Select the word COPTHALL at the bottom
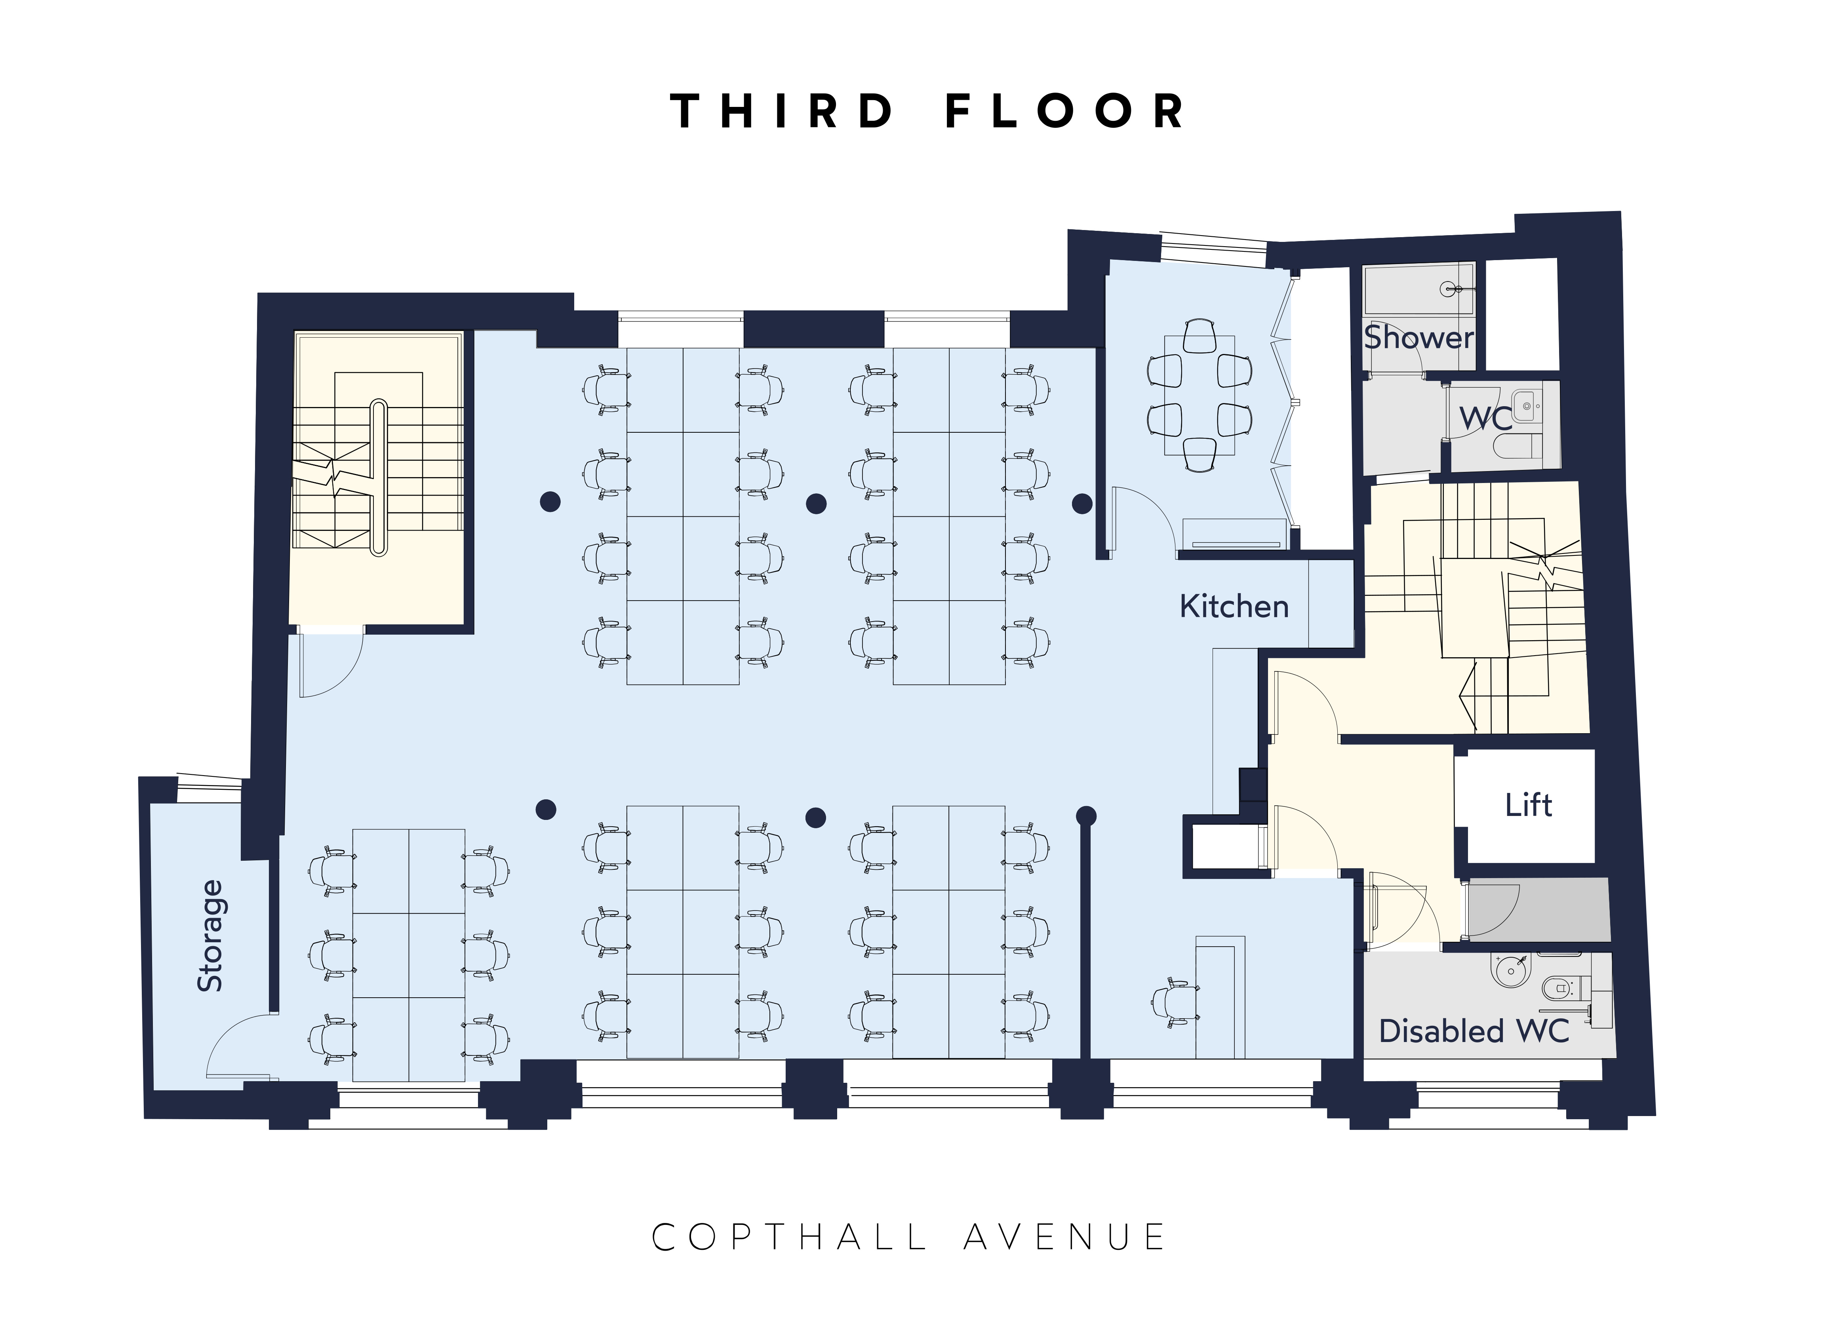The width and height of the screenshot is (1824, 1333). pyautogui.click(x=788, y=1237)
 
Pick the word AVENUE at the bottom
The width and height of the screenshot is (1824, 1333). pyautogui.click(x=1064, y=1237)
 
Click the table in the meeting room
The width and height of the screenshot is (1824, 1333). pyautogui.click(x=1199, y=396)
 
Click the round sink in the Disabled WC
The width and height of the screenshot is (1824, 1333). pyautogui.click(x=1511, y=971)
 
